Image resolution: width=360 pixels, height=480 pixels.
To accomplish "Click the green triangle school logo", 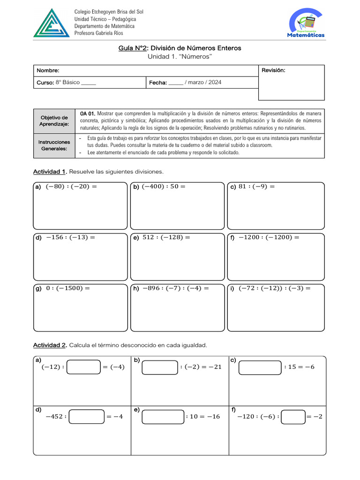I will coord(51,23).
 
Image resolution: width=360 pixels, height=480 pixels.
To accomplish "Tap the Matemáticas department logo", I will coord(306,23).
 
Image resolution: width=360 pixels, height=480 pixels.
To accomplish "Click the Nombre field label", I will coord(48,70).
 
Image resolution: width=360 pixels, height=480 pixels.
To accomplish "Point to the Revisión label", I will coord(273,70).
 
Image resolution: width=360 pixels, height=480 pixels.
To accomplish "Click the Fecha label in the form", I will coord(158,82).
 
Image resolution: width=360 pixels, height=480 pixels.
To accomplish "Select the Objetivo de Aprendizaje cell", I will coord(54,120).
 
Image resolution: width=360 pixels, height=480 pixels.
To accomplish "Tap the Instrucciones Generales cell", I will coord(54,145).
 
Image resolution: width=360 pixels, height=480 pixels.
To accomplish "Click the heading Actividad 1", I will coord(50,172).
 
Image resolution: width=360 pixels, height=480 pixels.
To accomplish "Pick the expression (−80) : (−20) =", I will coord(71,187).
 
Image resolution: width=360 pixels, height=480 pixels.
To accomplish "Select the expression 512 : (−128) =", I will coord(166,238).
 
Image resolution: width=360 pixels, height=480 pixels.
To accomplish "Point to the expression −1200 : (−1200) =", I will coord(269,238).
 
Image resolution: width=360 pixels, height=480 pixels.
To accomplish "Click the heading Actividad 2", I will coord(50,345).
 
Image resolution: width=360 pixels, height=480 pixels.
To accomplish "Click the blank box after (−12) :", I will coord(84,367).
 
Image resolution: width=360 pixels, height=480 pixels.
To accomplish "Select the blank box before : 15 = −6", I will coord(260,367).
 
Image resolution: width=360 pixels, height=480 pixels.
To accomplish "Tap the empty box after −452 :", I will coord(87,416).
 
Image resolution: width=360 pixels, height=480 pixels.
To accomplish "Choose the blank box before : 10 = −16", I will coord(163,416).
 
